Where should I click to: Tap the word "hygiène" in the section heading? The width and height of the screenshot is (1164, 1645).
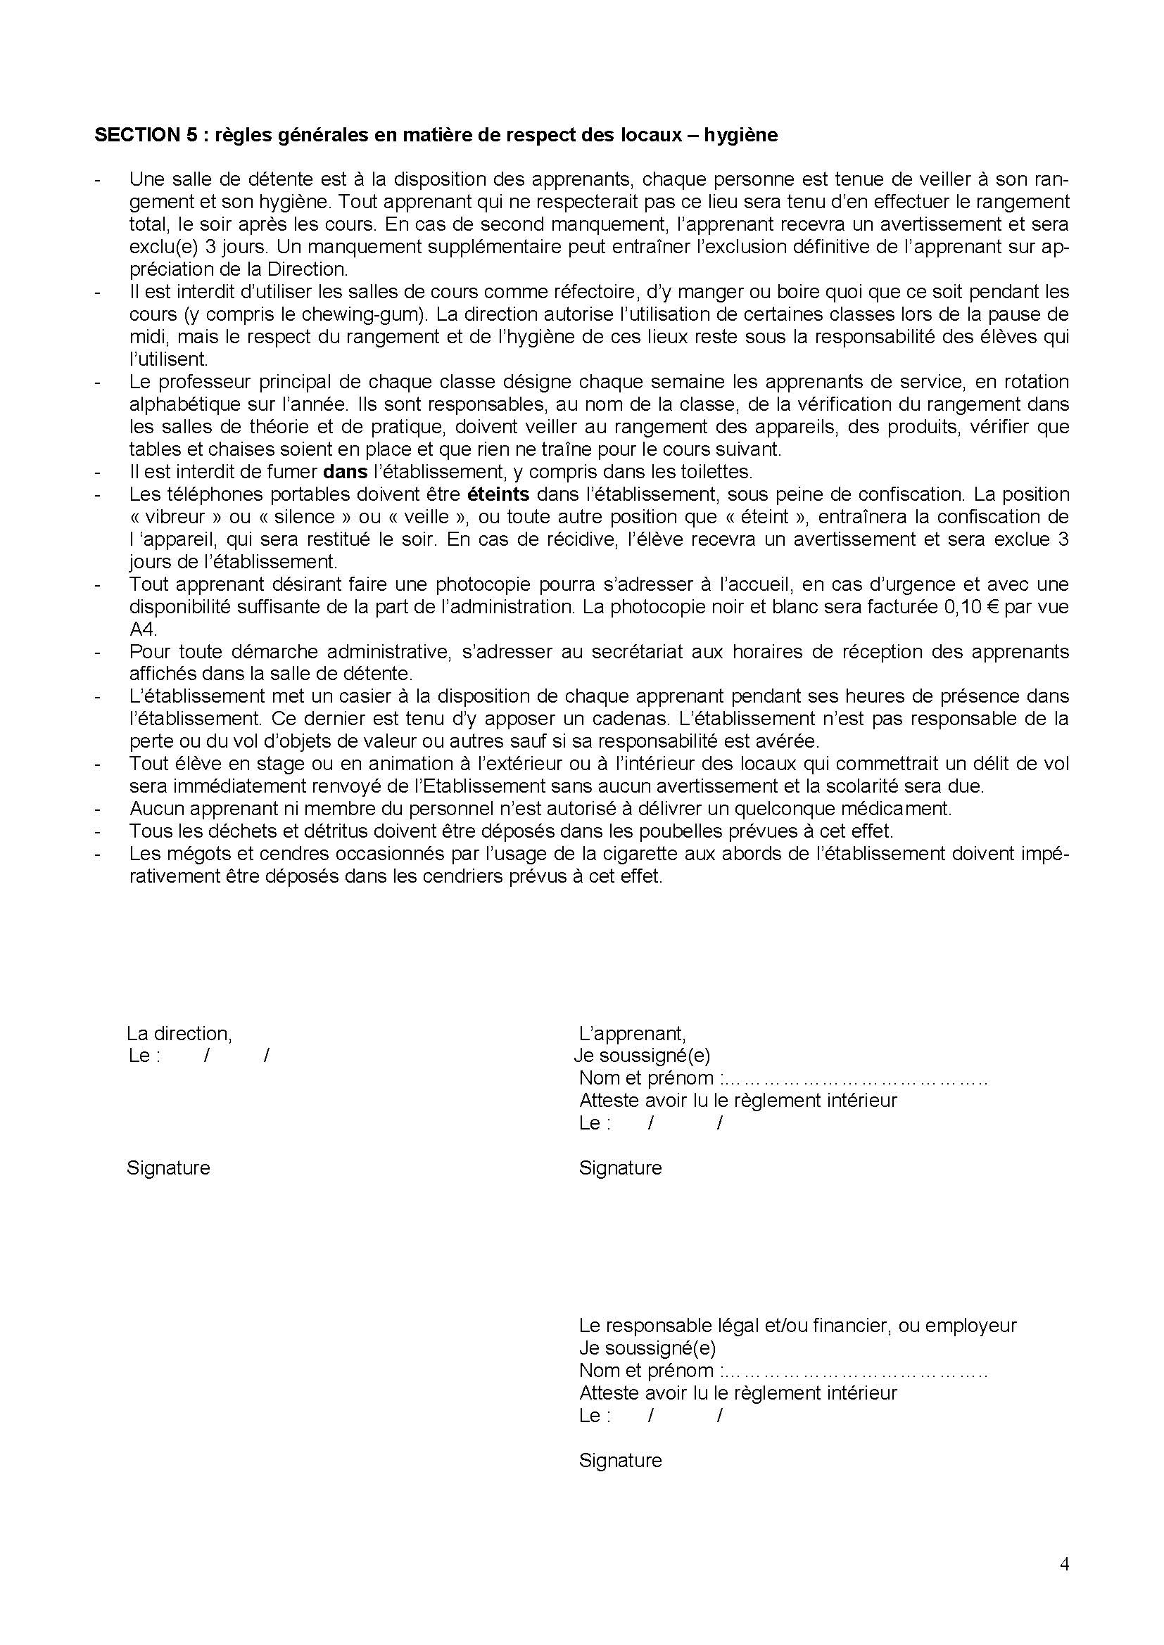[741, 136]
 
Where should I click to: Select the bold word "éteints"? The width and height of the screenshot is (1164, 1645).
[498, 494]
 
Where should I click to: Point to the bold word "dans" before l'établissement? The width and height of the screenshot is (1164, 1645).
[345, 472]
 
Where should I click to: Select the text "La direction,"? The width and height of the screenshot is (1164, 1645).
[179, 1034]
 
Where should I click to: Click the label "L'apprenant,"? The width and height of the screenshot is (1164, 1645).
[632, 1034]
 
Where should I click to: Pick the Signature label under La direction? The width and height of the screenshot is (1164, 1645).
[168, 1168]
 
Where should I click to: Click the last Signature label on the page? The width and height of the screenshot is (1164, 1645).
[620, 1460]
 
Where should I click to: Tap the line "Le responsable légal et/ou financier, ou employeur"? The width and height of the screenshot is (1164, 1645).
[797, 1326]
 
